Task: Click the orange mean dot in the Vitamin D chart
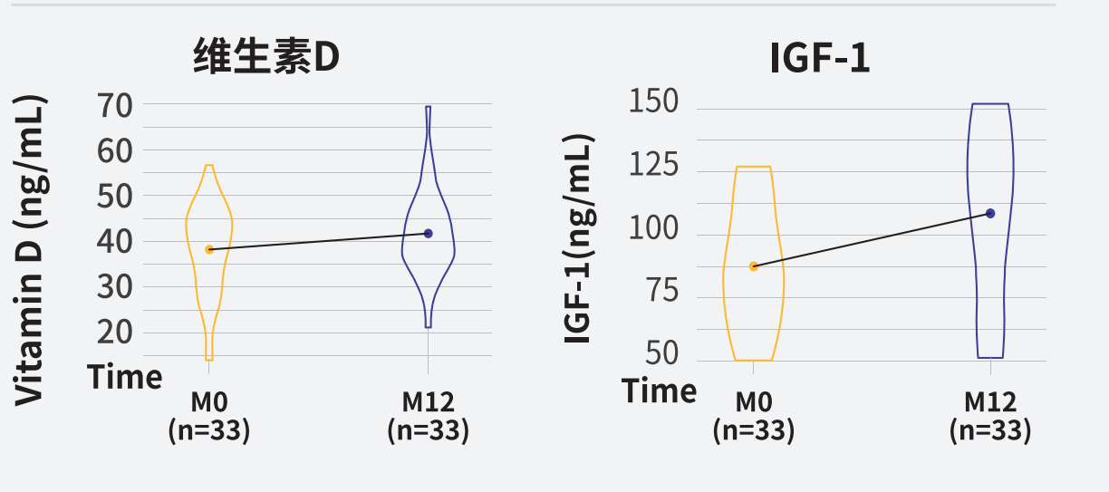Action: coord(209,249)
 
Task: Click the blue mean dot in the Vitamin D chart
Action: coord(429,233)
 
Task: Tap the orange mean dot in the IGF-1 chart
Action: coord(753,266)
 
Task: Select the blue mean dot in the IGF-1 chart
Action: coord(990,213)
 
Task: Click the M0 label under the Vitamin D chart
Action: coord(208,401)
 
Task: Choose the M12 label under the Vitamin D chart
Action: coord(428,401)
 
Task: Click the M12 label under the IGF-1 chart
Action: coord(989,401)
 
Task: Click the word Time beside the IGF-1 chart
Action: coord(659,391)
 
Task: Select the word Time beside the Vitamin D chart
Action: coord(125,377)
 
